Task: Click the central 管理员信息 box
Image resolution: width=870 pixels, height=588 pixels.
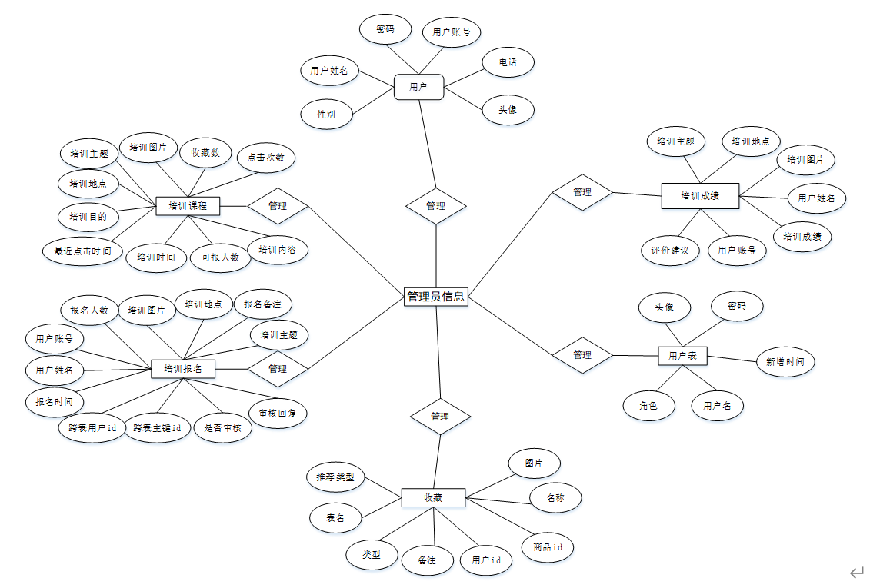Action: (435, 296)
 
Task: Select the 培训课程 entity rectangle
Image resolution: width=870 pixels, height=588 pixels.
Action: (188, 205)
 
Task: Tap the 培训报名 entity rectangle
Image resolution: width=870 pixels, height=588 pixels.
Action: (183, 369)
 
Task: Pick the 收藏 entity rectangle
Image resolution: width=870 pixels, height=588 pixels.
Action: (433, 497)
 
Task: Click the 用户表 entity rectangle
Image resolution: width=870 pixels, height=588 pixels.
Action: (682, 355)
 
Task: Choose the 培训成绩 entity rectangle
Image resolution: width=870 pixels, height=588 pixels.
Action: (700, 195)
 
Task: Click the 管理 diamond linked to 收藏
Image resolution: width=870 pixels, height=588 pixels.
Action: (440, 416)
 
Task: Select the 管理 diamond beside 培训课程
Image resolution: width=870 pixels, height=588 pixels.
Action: (278, 205)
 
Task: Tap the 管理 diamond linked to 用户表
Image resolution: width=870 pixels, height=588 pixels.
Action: (582, 355)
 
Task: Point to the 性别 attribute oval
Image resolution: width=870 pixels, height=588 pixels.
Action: (326, 115)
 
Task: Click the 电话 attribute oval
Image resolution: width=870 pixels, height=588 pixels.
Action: (508, 62)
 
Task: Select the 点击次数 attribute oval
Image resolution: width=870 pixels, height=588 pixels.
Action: (265, 158)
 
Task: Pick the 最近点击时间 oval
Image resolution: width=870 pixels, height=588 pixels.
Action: (82, 251)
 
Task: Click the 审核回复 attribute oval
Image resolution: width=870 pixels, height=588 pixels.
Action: (278, 414)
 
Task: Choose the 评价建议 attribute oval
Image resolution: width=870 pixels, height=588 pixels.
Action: (669, 250)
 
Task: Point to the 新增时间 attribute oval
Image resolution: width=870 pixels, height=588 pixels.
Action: (785, 361)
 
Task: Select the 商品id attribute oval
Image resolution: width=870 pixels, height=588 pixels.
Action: (548, 547)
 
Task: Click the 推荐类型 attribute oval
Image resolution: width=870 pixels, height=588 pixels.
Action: (335, 477)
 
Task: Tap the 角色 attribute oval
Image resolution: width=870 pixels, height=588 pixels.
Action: (648, 405)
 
